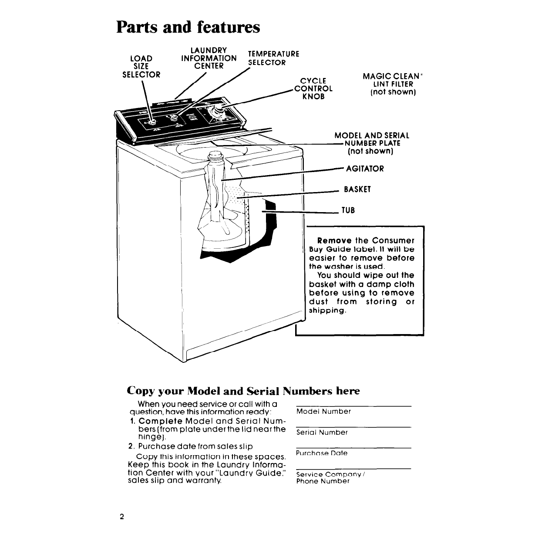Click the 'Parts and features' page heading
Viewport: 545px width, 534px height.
point(188,27)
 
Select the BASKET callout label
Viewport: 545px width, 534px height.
point(357,189)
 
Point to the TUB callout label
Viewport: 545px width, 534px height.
point(348,210)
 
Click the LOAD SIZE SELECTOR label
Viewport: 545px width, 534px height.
point(141,66)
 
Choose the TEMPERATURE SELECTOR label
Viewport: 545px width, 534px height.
point(273,58)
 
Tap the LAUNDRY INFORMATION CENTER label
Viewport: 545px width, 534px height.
point(209,58)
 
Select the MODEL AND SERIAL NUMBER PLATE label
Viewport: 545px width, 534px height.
point(372,143)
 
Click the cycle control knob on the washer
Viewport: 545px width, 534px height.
point(214,112)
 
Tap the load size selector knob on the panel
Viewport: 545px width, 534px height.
point(152,122)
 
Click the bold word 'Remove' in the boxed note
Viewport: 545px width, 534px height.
point(334,240)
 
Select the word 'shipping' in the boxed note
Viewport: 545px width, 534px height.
point(327,311)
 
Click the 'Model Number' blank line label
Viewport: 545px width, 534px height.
point(323,412)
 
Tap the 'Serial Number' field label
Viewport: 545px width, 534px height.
point(322,433)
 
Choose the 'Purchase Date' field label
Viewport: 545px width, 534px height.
point(322,453)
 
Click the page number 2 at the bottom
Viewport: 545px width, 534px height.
point(122,517)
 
